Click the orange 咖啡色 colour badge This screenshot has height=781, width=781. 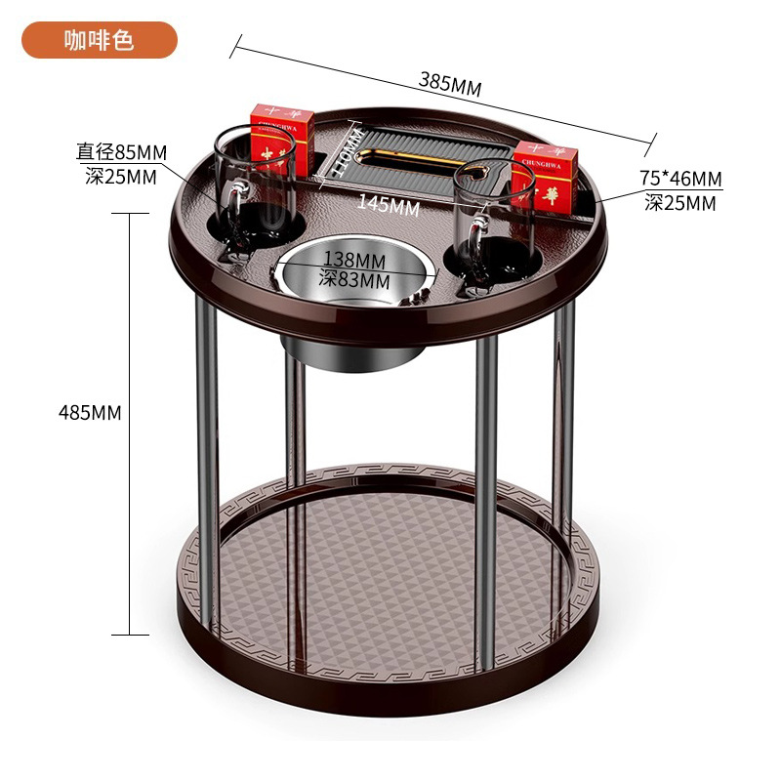[x=101, y=40]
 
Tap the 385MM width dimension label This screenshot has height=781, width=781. [x=450, y=83]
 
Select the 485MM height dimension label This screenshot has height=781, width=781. [x=90, y=412]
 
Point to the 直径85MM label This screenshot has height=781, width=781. [x=123, y=152]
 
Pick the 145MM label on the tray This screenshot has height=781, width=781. [x=388, y=205]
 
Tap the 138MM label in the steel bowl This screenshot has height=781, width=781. [x=354, y=260]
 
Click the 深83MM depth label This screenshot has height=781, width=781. [x=354, y=280]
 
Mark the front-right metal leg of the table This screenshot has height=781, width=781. [x=485, y=488]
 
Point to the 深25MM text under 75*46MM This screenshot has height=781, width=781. [x=680, y=203]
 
